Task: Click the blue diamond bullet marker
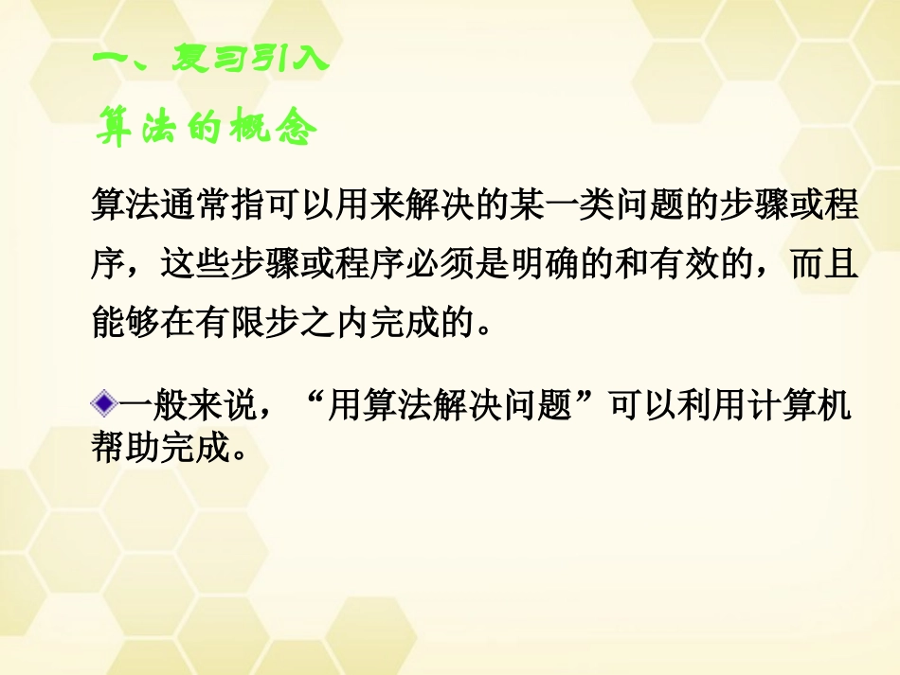[x=103, y=408]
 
